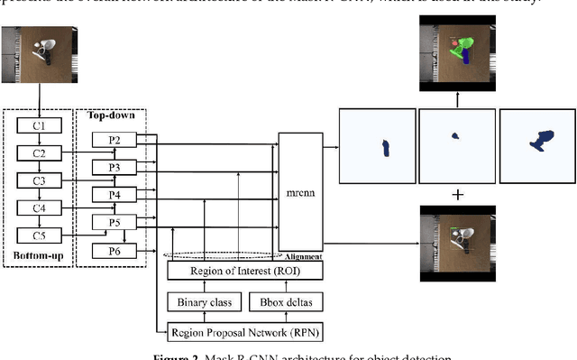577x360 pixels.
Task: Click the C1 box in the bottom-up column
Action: click(38, 125)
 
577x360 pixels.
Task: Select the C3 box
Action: click(38, 180)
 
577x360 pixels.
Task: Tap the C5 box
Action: click(38, 235)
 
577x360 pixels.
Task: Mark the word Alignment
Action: click(305, 257)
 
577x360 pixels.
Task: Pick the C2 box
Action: click(38, 153)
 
